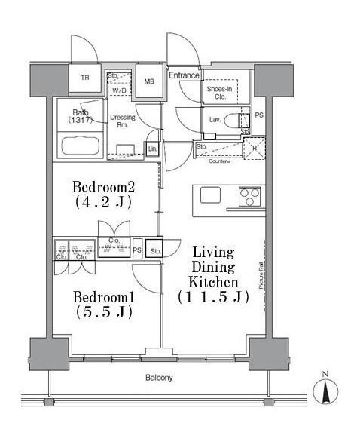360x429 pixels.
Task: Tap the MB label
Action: [149, 81]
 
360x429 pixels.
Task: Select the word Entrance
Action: [184, 75]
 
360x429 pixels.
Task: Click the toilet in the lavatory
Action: [243, 119]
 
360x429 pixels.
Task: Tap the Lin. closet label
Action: [152, 149]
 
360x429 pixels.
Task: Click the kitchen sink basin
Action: [210, 195]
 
